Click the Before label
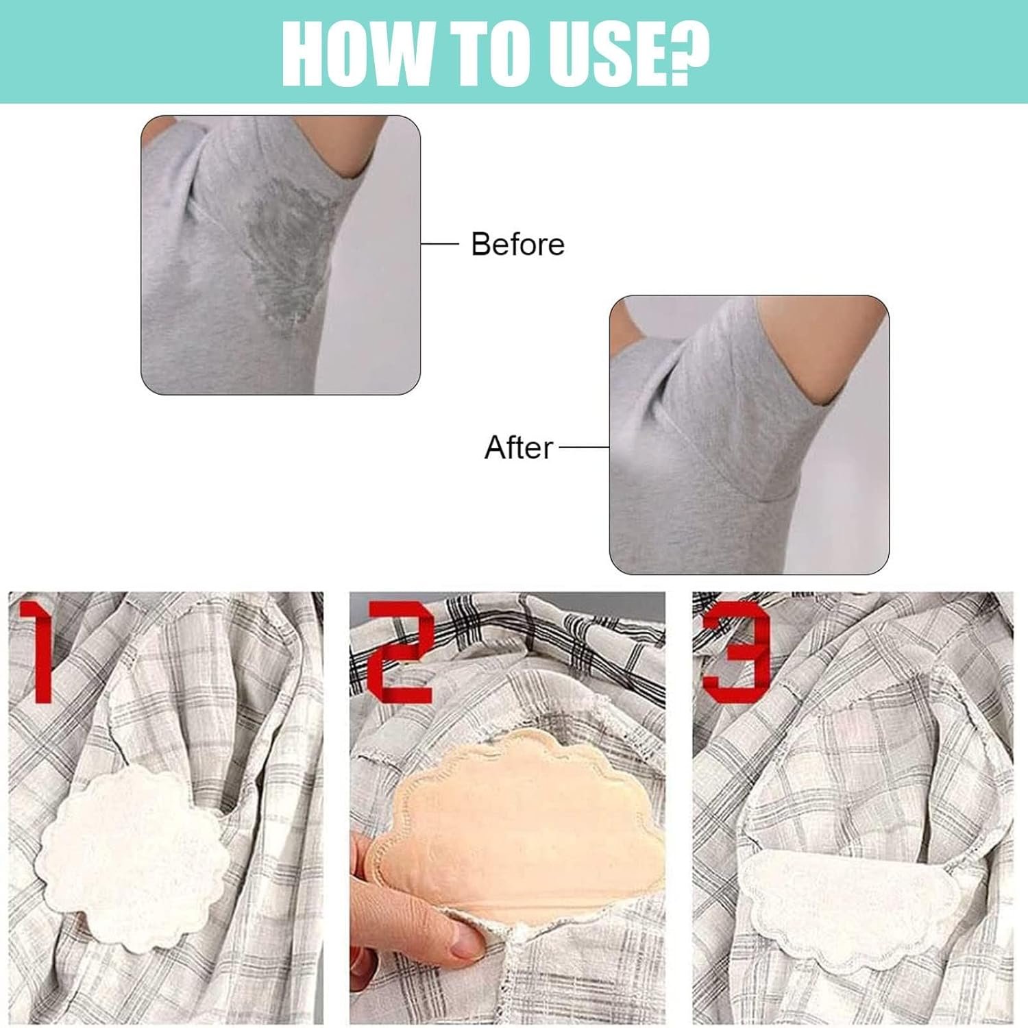click(x=517, y=244)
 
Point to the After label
click(x=519, y=448)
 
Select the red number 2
click(x=401, y=652)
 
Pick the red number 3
click(x=735, y=652)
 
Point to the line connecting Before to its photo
click(x=439, y=243)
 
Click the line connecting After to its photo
click(x=585, y=447)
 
